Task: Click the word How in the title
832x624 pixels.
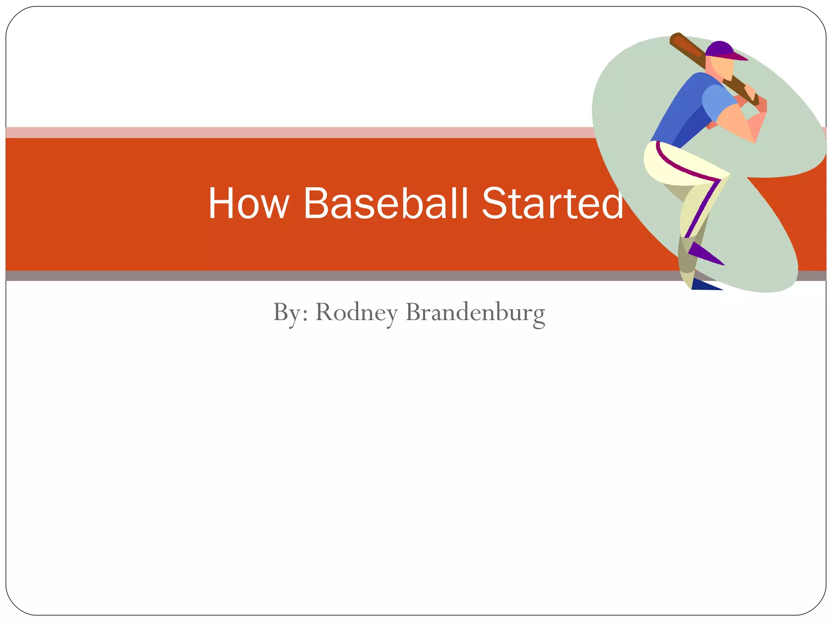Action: click(x=248, y=204)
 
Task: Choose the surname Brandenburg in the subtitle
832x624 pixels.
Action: click(x=475, y=313)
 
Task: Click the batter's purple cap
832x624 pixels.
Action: click(x=719, y=49)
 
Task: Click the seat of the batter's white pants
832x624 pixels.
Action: click(x=660, y=162)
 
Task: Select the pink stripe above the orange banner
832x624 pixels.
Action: click(x=284, y=132)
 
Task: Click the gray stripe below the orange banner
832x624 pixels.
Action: click(x=284, y=276)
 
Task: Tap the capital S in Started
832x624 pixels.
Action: click(x=494, y=204)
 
